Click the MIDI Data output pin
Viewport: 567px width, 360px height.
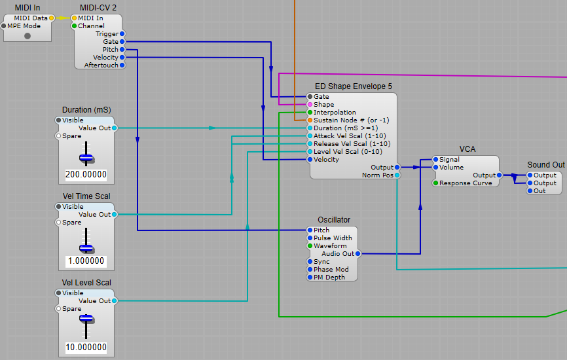pyautogui.click(x=52, y=18)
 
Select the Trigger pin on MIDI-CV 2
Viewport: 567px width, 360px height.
pyautogui.click(x=122, y=34)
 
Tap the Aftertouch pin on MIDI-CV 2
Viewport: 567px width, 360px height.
pyautogui.click(x=122, y=65)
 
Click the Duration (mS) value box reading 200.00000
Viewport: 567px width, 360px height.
pyautogui.click(x=86, y=175)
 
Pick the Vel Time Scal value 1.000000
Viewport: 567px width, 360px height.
pyautogui.click(x=86, y=261)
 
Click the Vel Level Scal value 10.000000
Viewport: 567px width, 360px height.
pyautogui.click(x=86, y=348)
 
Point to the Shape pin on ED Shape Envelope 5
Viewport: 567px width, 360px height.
pyautogui.click(x=310, y=105)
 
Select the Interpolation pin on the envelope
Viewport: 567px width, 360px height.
pyautogui.click(x=310, y=113)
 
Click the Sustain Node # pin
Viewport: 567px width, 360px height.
pyautogui.click(x=310, y=120)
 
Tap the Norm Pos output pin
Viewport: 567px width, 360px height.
pyautogui.click(x=397, y=175)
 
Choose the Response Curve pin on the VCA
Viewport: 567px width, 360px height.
pyautogui.click(x=435, y=183)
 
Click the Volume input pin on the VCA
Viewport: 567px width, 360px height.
pyautogui.click(x=435, y=168)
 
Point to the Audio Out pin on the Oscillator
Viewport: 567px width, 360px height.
pyautogui.click(x=357, y=254)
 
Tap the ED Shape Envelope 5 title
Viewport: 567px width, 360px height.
pyautogui.click(x=354, y=86)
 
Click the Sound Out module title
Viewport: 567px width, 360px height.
pyautogui.click(x=545, y=165)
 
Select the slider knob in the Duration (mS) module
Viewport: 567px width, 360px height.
pyautogui.click(x=86, y=158)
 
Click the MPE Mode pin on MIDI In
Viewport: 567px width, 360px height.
pyautogui.click(x=4, y=26)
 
